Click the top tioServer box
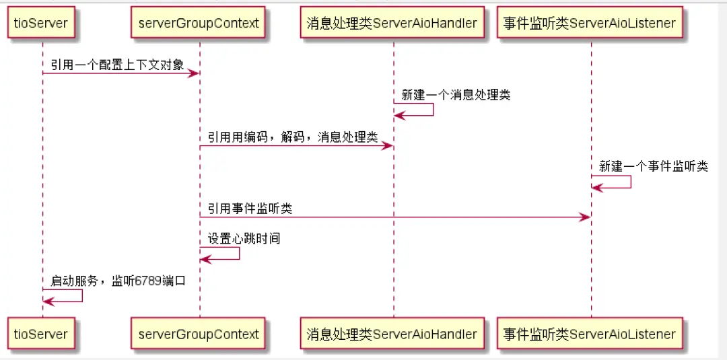point(41,23)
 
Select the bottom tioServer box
point(41,334)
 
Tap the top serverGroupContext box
point(199,23)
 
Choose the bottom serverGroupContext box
point(199,334)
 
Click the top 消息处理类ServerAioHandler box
point(392,23)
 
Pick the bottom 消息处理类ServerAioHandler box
point(392,334)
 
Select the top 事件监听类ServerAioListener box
point(590,23)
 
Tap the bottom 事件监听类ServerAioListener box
point(590,334)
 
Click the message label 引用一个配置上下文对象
point(117,65)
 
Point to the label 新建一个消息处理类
point(456,95)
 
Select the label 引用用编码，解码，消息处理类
point(292,138)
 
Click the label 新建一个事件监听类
point(654,166)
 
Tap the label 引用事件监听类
point(250,209)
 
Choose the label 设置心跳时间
point(244,238)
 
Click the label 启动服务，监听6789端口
point(118,281)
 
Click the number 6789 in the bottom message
point(147,281)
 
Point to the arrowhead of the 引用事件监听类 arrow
point(586,217)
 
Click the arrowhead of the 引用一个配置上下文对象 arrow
point(194,73)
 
